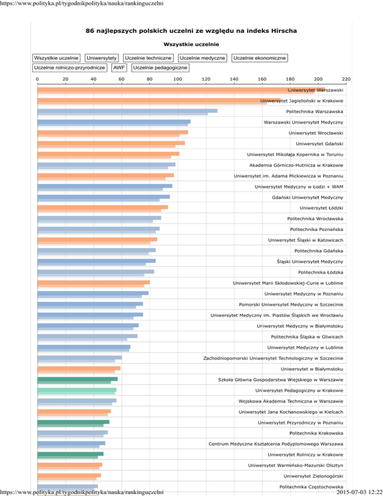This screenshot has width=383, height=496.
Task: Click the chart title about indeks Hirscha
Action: click(191, 31)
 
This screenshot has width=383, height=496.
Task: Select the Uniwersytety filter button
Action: click(102, 58)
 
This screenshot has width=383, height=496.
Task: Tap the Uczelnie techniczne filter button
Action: click(149, 58)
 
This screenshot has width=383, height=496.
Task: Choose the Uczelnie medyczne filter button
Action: click(202, 58)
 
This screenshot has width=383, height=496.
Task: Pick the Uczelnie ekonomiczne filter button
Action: click(259, 58)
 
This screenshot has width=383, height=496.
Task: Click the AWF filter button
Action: click(119, 67)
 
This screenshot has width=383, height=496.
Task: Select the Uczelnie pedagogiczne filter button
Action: click(161, 67)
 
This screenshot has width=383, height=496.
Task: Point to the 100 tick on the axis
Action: click(178, 79)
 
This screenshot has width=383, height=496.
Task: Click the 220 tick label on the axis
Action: click(346, 79)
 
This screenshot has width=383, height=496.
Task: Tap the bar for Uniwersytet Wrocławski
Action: click(113, 133)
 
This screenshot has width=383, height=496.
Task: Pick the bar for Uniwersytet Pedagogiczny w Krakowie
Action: click(77, 390)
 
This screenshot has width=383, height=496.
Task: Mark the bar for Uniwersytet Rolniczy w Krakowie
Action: click(70, 455)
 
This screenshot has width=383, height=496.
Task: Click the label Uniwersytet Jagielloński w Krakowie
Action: click(301, 101)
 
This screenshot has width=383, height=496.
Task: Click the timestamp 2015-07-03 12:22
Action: click(359, 492)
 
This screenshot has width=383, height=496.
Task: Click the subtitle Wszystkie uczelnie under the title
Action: click(191, 44)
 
